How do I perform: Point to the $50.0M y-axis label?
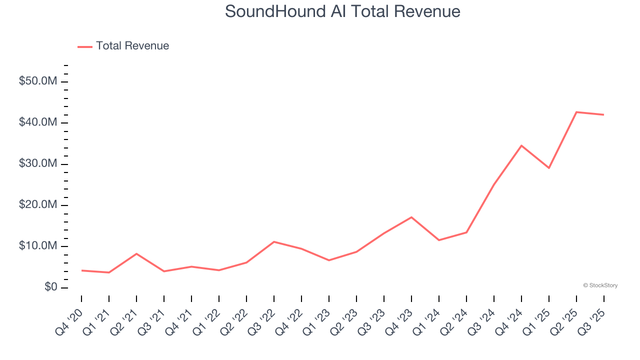[38, 81]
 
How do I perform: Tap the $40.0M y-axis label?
[38, 122]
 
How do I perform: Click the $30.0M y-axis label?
[38, 164]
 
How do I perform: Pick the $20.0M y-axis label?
[38, 205]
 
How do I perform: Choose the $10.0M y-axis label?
[38, 246]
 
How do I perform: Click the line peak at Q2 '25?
[576, 112]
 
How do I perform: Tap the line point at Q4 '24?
[521, 145]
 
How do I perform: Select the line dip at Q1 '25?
[549, 168]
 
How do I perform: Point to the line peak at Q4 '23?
[411, 217]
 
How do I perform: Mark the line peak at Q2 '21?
[136, 253]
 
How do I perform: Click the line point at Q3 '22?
[274, 241]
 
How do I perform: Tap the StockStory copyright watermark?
[600, 285]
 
